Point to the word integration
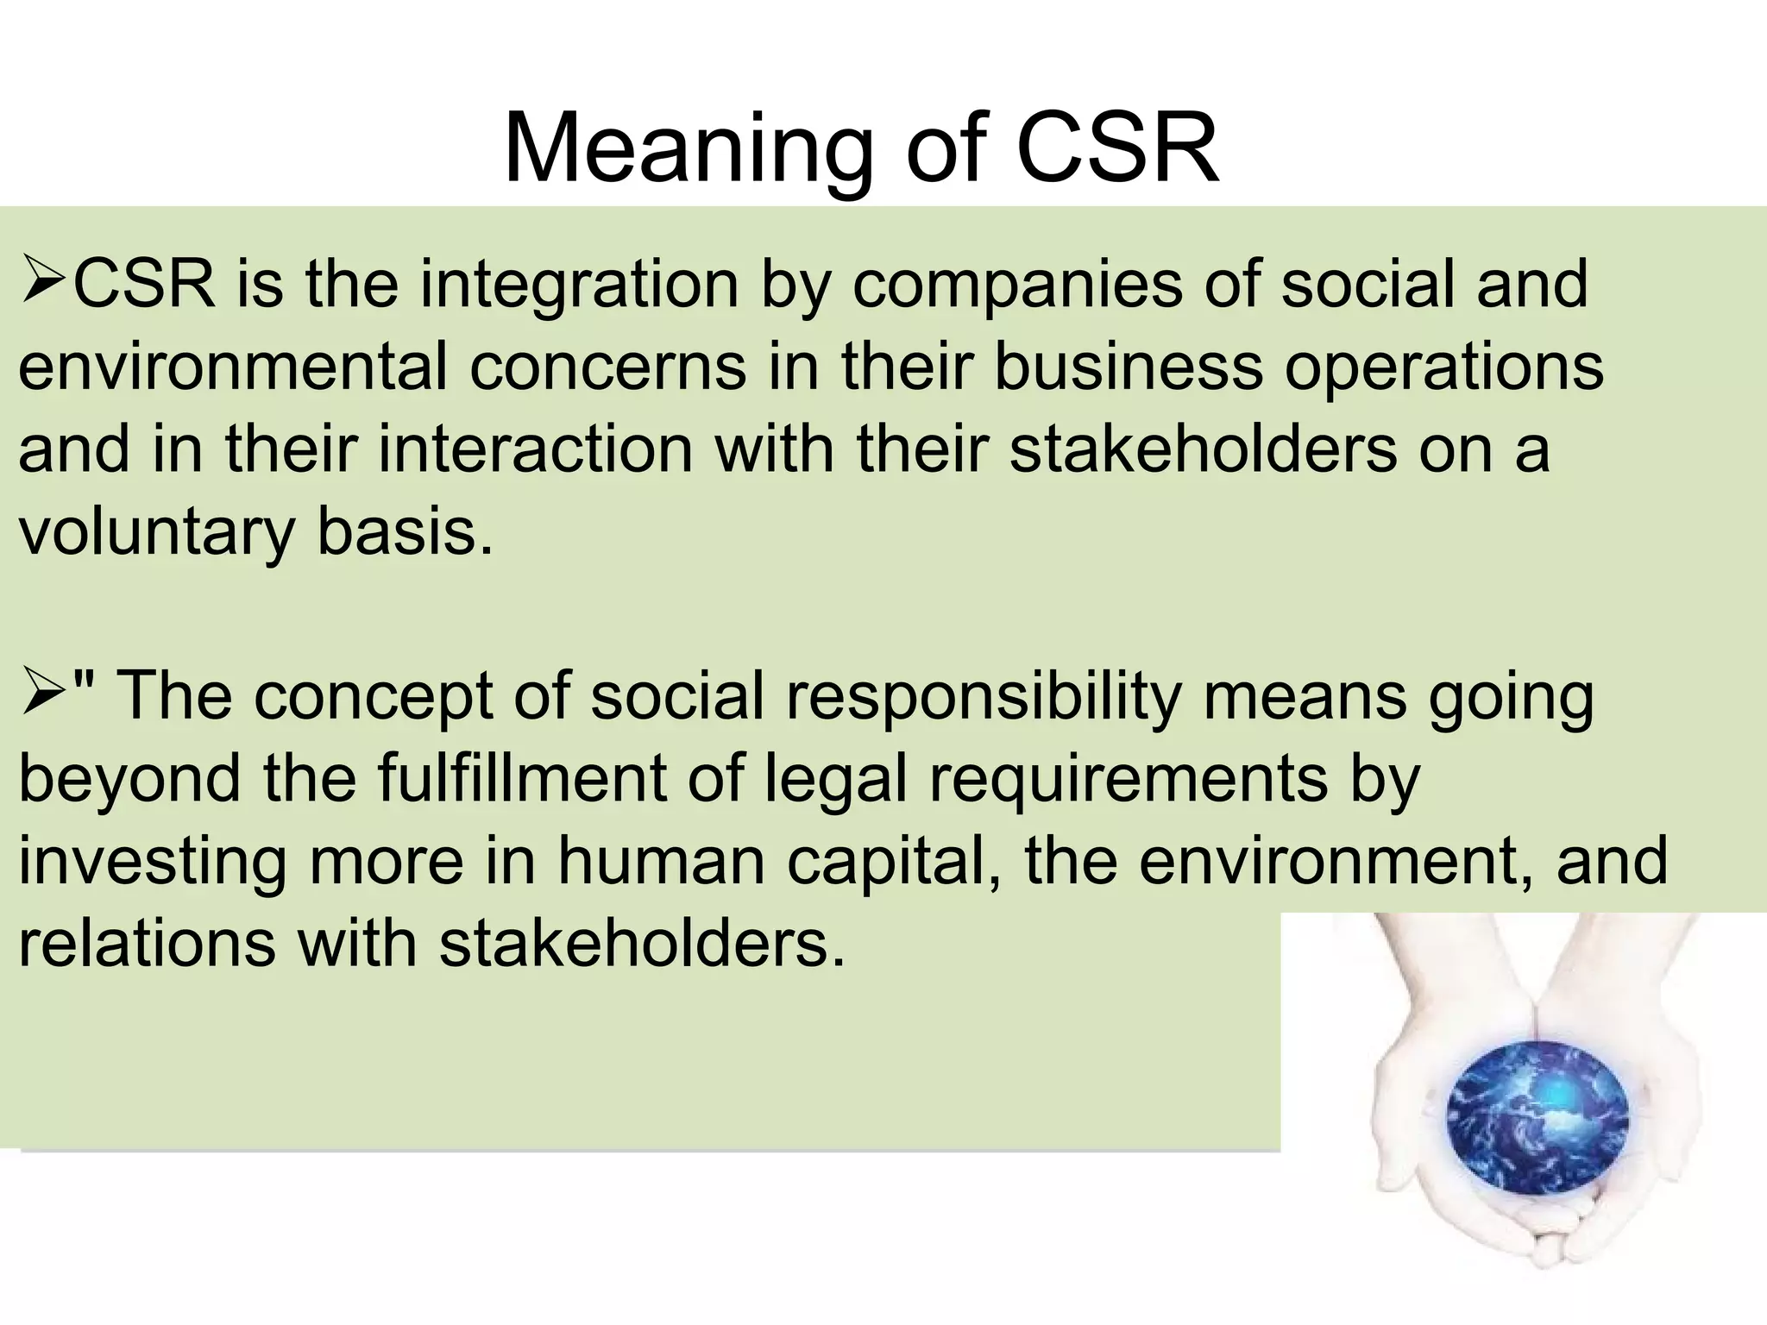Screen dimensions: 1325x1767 pyautogui.click(x=579, y=285)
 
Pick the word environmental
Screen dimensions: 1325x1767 pyautogui.click(x=233, y=367)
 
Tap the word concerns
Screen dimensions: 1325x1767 pyautogui.click(x=607, y=367)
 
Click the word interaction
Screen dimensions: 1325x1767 pyautogui.click(x=536, y=449)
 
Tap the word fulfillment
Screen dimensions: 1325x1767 pyautogui.click(x=521, y=778)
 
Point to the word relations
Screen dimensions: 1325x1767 pyautogui.click(x=147, y=943)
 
